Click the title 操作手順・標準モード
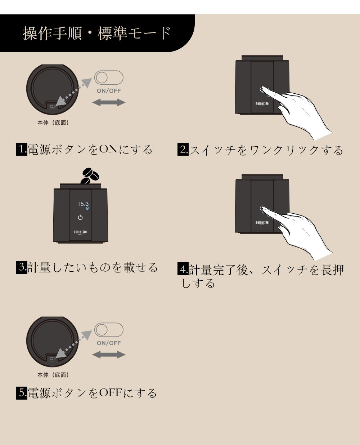tap(97, 33)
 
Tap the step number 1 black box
tap(22, 149)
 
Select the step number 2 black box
tap(183, 149)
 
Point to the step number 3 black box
tap(22, 267)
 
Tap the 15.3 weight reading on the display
tap(83, 204)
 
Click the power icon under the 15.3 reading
tap(80, 217)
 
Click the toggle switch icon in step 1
tap(109, 77)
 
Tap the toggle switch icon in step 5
tap(109, 330)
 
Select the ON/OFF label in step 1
tap(109, 91)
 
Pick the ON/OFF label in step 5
tap(109, 343)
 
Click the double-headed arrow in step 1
tap(109, 102)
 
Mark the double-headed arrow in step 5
tap(109, 355)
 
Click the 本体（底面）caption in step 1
tap(53, 123)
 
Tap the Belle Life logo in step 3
tap(80, 232)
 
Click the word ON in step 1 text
tap(108, 149)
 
